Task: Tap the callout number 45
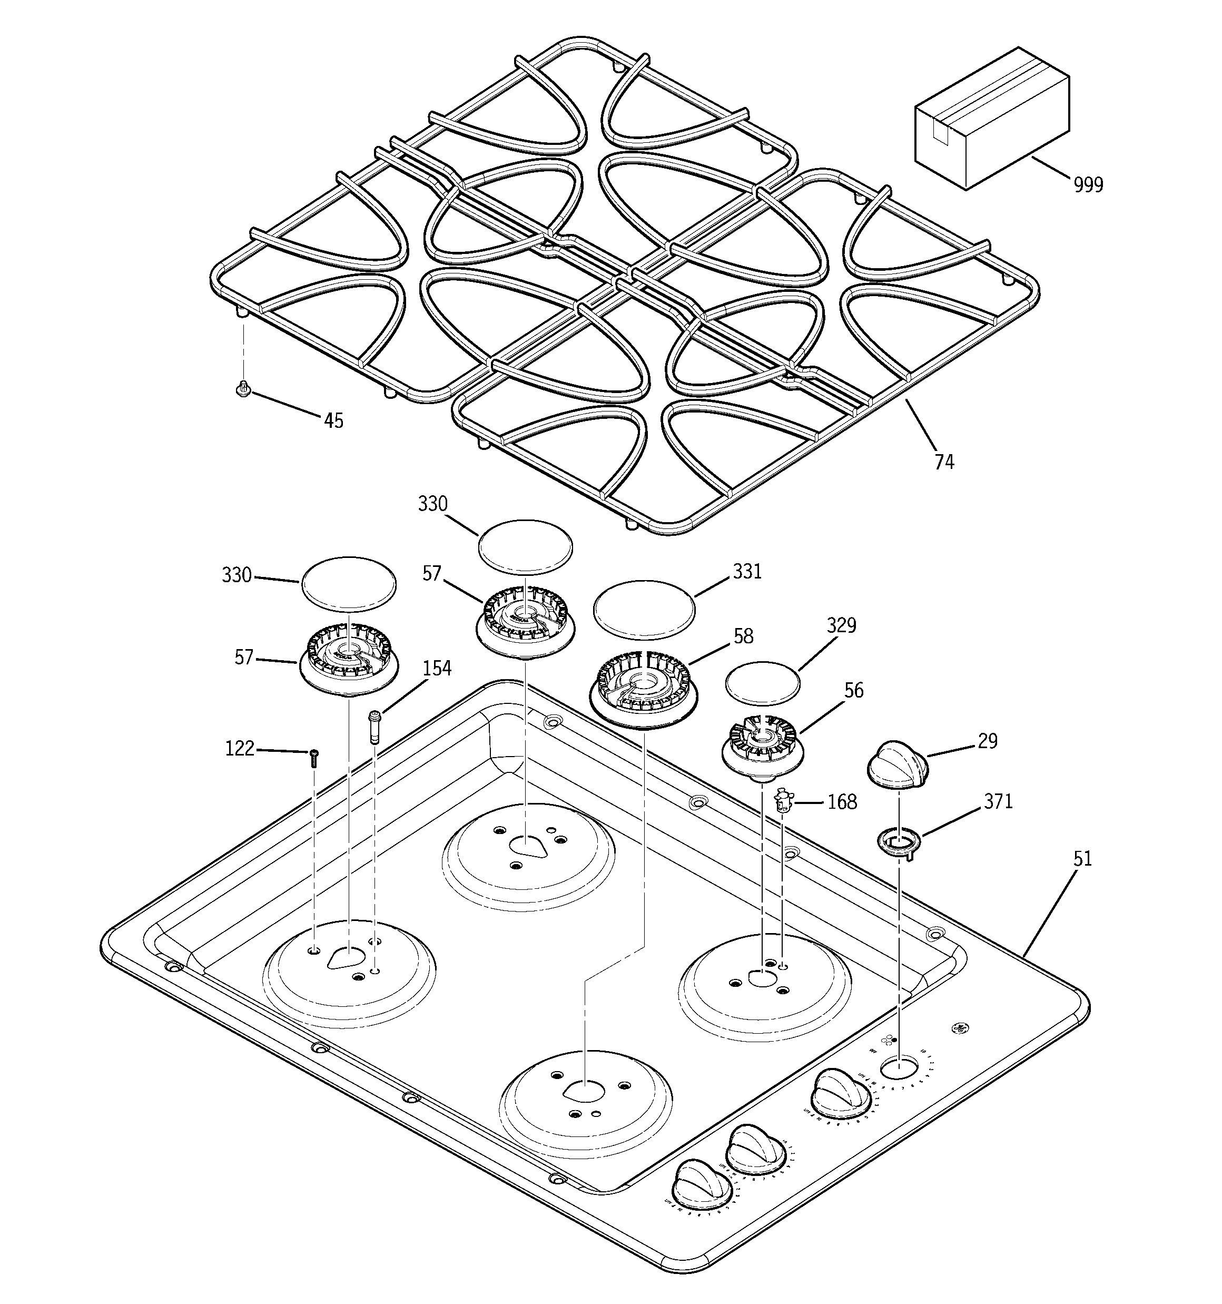click(333, 420)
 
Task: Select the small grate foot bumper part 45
click(243, 390)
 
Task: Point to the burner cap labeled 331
click(644, 609)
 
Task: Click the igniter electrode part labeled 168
click(783, 801)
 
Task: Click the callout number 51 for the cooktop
click(1082, 859)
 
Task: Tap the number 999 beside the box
click(1088, 185)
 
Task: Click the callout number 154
click(437, 669)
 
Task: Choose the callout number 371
click(998, 801)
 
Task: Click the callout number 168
click(842, 802)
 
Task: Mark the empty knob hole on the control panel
click(898, 1068)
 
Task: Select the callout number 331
click(747, 572)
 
